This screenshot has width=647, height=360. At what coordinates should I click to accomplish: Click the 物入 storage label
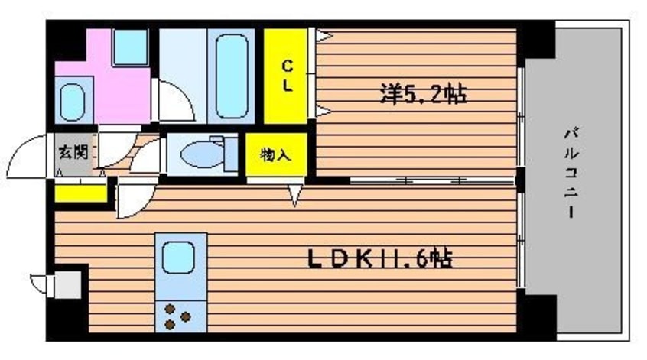pos(276,156)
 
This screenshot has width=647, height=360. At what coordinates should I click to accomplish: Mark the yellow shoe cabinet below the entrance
pos(80,191)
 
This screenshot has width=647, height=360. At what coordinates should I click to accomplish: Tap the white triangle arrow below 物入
pos(295,194)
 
